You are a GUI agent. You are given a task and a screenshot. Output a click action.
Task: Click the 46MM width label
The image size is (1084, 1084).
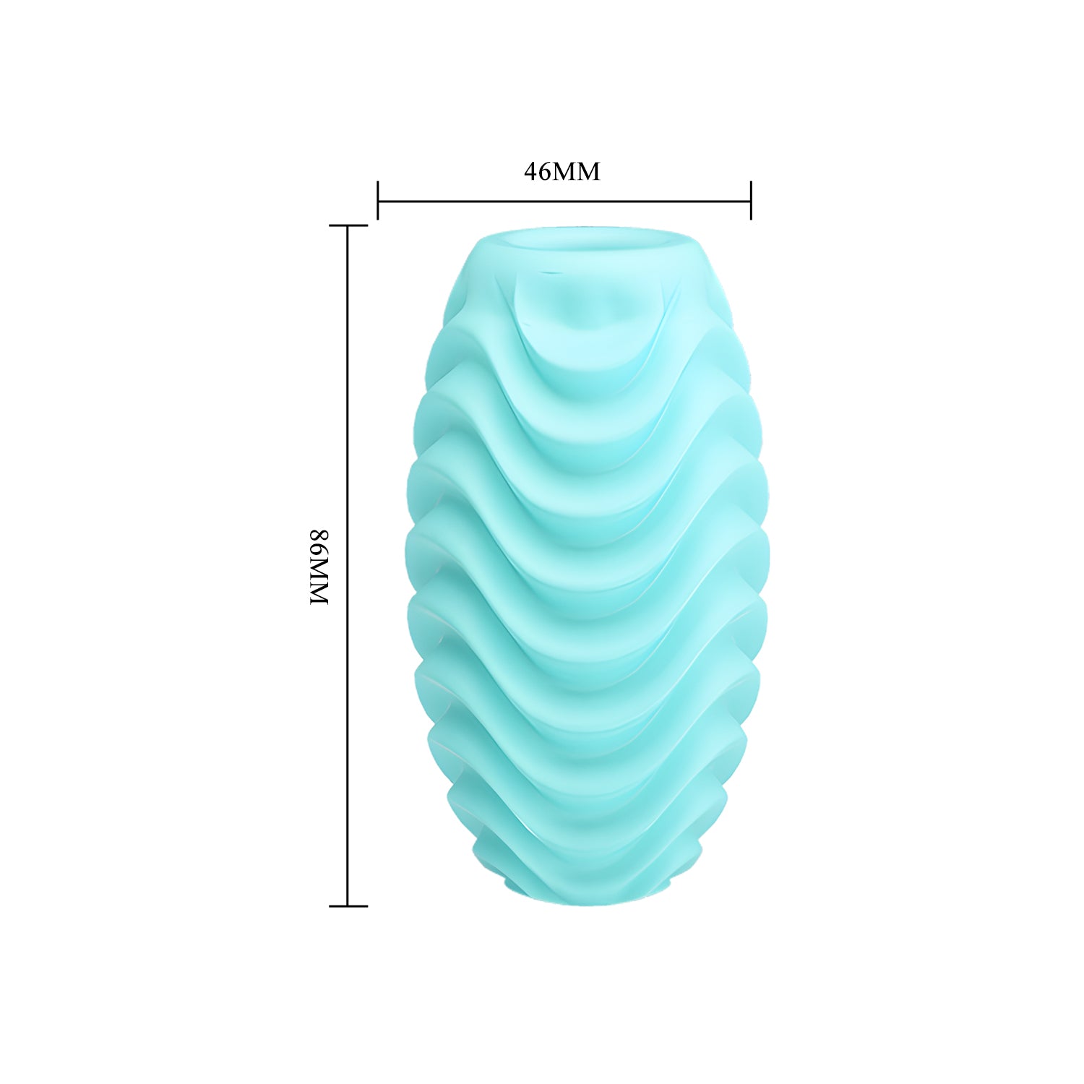click(562, 171)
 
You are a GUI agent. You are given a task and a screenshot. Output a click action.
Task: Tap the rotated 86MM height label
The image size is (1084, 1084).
click(319, 567)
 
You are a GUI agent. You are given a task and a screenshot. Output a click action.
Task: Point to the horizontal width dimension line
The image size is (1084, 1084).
click(564, 201)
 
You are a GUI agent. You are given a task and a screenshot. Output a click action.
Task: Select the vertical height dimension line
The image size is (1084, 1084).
click(348, 565)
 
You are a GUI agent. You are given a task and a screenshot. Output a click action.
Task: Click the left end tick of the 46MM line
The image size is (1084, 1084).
click(377, 200)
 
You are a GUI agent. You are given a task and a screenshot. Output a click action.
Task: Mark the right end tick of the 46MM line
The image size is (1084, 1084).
click(751, 200)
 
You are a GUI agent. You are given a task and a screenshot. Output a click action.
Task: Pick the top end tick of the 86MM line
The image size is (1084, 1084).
click(348, 225)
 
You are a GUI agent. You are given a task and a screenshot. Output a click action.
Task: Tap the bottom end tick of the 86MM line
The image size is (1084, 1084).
click(348, 906)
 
